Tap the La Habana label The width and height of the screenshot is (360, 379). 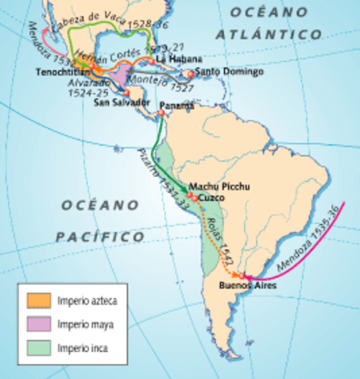point(175,59)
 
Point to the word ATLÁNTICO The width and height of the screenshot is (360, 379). point(271,34)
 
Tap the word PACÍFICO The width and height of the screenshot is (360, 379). point(100,236)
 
